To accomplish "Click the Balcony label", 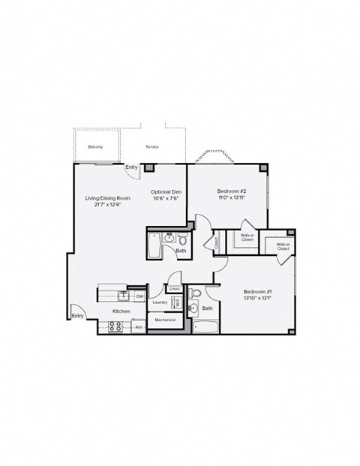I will tap(95, 147).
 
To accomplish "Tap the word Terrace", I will tap(152, 147).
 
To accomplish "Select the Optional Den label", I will tap(165, 191).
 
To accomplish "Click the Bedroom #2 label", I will tap(229, 191).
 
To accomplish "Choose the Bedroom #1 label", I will tap(257, 291).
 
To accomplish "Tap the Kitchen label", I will tap(121, 311).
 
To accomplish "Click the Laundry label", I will tap(159, 302).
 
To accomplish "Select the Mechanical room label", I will tap(165, 320).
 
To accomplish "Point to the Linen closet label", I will tap(174, 288).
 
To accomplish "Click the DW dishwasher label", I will tap(139, 296).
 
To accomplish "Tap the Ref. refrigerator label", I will tap(139, 327).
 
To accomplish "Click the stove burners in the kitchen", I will tap(116, 326).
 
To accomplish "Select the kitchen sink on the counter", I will tap(123, 294).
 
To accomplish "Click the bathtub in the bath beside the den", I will tap(154, 245).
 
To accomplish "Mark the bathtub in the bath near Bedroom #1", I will tap(204, 326).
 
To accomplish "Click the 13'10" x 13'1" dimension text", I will tap(257, 298).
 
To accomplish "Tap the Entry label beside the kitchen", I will tap(78, 316).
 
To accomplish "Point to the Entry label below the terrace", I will tap(132, 167).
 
